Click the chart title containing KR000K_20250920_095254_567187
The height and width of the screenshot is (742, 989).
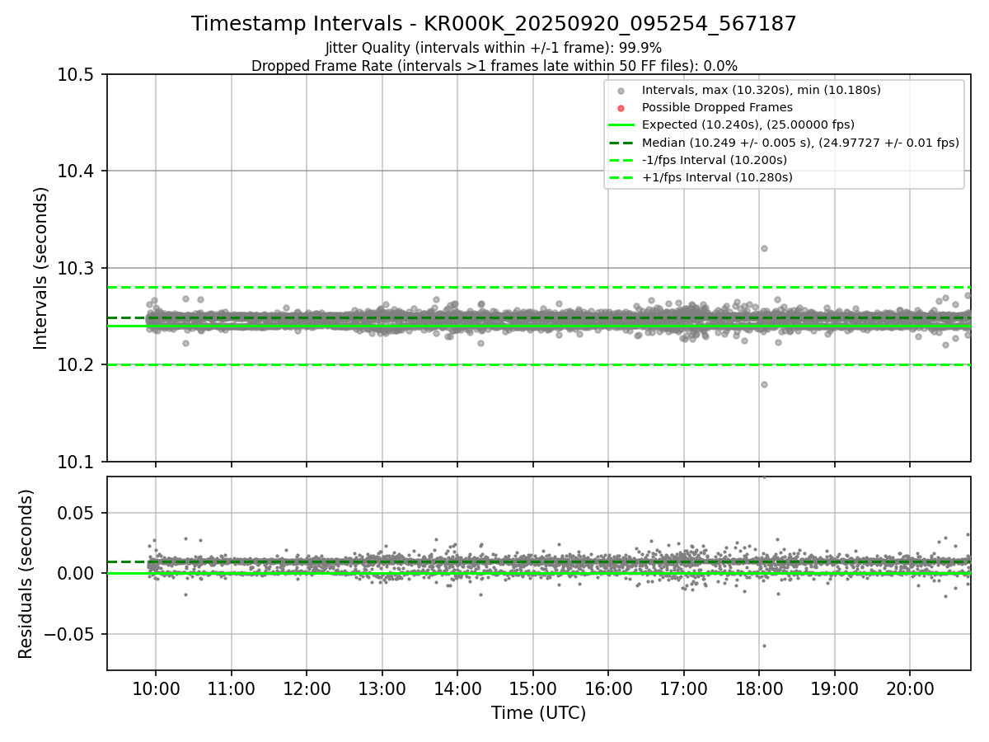494,24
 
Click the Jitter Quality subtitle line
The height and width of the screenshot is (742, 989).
494,48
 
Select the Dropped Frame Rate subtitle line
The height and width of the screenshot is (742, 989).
494,65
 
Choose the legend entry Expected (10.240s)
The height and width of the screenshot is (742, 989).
748,124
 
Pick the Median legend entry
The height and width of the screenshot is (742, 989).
799,143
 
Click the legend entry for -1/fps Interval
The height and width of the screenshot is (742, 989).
714,160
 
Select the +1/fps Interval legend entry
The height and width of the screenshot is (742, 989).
715,177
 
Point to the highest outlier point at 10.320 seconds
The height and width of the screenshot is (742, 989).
764,248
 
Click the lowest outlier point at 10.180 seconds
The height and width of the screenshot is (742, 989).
764,384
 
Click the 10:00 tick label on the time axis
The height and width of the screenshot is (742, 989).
156,688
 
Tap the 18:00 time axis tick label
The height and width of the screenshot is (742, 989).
759,688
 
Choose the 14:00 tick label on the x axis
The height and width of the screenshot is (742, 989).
457,688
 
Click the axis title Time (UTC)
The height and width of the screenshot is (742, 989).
538,713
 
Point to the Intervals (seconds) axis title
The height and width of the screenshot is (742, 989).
41,268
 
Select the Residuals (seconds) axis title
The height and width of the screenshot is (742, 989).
26,574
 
